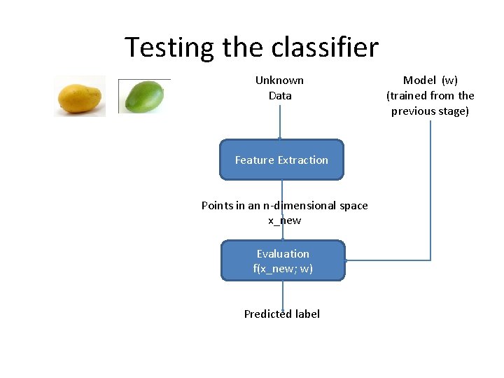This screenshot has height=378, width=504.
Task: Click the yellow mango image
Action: tap(80, 97)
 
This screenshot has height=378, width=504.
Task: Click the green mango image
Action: tap(144, 96)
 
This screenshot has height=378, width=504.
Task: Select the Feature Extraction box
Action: tap(281, 160)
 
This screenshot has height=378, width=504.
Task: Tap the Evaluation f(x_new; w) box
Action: tap(283, 260)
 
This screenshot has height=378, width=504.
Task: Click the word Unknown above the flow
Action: tap(279, 80)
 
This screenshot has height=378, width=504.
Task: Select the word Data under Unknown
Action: tap(280, 95)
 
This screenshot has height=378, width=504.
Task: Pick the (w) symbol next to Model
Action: tap(449, 80)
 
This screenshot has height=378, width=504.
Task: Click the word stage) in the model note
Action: tap(452, 111)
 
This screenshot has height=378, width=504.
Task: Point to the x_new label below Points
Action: tap(284, 220)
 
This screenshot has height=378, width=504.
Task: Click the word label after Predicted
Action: tap(307, 314)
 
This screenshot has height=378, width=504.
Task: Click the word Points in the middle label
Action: tap(216, 205)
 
